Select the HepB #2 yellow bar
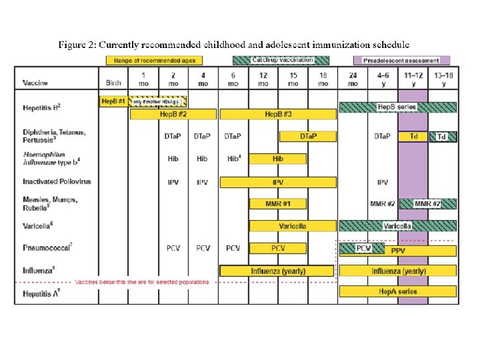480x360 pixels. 173,114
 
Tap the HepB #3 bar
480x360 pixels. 278,114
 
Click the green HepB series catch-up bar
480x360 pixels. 397,107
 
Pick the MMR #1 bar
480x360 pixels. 278,203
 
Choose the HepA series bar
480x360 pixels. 397,291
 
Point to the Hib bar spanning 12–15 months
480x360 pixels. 278,159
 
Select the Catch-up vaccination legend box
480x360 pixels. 283,60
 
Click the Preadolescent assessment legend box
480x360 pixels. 401,60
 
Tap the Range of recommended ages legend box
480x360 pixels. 154,60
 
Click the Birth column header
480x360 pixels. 113,83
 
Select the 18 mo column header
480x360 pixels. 323,80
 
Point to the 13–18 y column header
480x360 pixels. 442,80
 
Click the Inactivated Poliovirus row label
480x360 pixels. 57,181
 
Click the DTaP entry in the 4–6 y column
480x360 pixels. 383,136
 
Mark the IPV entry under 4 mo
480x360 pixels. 203,181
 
